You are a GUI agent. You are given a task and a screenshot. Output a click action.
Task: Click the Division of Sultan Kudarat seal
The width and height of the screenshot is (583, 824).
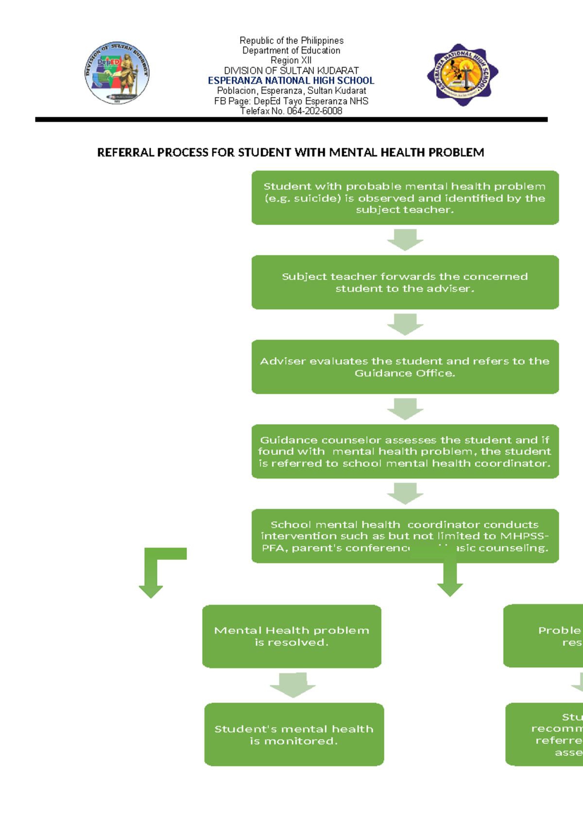click(117, 73)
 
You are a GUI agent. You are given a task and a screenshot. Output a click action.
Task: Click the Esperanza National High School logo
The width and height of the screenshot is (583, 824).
click(463, 74)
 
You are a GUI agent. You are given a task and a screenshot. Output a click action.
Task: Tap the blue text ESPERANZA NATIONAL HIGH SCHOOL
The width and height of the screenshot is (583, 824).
click(291, 81)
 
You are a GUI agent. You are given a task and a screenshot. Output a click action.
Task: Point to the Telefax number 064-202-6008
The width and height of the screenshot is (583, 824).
click(291, 111)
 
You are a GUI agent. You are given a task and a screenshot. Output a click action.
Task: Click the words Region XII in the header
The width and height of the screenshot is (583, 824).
click(291, 60)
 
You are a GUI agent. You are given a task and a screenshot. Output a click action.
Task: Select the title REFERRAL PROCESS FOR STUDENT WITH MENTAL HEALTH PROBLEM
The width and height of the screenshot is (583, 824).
click(291, 153)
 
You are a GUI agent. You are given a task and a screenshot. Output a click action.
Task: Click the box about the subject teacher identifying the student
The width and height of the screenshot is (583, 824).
click(405, 198)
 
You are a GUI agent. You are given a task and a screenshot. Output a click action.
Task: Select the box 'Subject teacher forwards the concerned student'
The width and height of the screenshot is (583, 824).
click(405, 282)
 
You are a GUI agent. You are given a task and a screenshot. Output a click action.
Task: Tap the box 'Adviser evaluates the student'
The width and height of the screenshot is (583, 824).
click(405, 367)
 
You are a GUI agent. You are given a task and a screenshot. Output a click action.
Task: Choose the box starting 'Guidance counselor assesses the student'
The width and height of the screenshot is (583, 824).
click(405, 451)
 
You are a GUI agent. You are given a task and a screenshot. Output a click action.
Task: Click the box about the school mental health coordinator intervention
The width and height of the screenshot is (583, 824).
click(405, 536)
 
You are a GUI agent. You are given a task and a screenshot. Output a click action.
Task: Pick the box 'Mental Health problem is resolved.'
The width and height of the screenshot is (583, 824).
click(291, 636)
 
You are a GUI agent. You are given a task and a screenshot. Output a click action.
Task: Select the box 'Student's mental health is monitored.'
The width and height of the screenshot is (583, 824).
click(294, 734)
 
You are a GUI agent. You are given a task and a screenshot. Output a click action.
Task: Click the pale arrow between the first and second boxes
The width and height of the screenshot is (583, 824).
click(405, 240)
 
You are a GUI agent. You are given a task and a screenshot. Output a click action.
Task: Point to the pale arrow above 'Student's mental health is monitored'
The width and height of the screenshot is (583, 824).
click(293, 685)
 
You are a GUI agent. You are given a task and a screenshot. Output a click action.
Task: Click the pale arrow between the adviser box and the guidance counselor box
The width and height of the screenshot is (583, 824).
click(405, 409)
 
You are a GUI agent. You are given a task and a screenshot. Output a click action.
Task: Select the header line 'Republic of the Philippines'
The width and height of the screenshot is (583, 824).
click(291, 40)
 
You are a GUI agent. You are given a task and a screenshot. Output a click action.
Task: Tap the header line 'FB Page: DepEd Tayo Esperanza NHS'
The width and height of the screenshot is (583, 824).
click(291, 101)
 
